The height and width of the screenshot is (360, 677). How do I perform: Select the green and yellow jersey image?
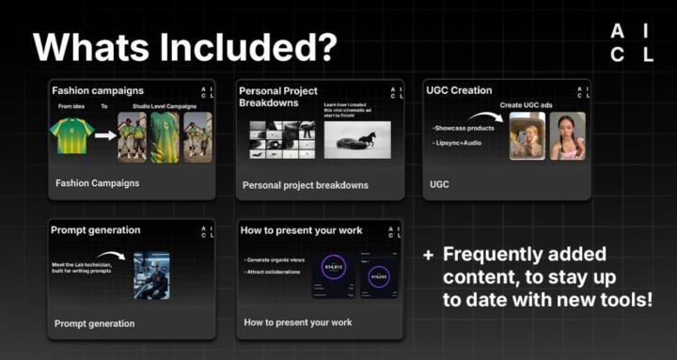pyautogui.click(x=72, y=135)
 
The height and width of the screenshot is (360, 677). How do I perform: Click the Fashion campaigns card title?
pyautogui.click(x=98, y=91)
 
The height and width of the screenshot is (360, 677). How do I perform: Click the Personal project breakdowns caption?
pyautogui.click(x=305, y=185)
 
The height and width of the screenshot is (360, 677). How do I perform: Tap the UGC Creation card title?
pyautogui.click(x=459, y=90)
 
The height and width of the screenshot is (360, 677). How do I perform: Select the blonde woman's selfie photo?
pyautogui.click(x=527, y=136)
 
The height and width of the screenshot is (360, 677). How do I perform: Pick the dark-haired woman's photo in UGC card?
pyautogui.click(x=567, y=136)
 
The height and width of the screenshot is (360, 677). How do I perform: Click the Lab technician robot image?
pyautogui.click(x=151, y=275)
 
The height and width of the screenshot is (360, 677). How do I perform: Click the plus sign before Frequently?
pyautogui.click(x=428, y=255)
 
